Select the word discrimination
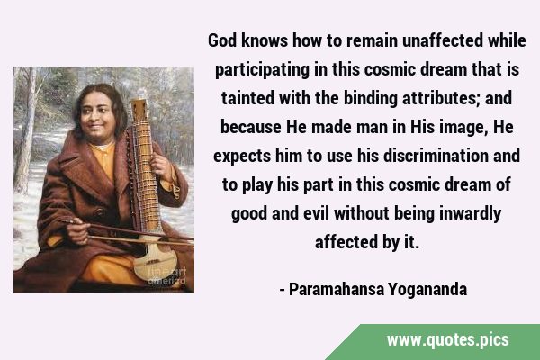pyautogui.click(x=436, y=156)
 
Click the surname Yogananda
pyautogui.click(x=427, y=290)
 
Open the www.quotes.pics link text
pyautogui.click(x=448, y=340)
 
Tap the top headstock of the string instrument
pyautogui.click(x=139, y=110)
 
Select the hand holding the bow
pyautogui.click(x=78, y=230)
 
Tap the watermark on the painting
pyautogui.click(x=167, y=276)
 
